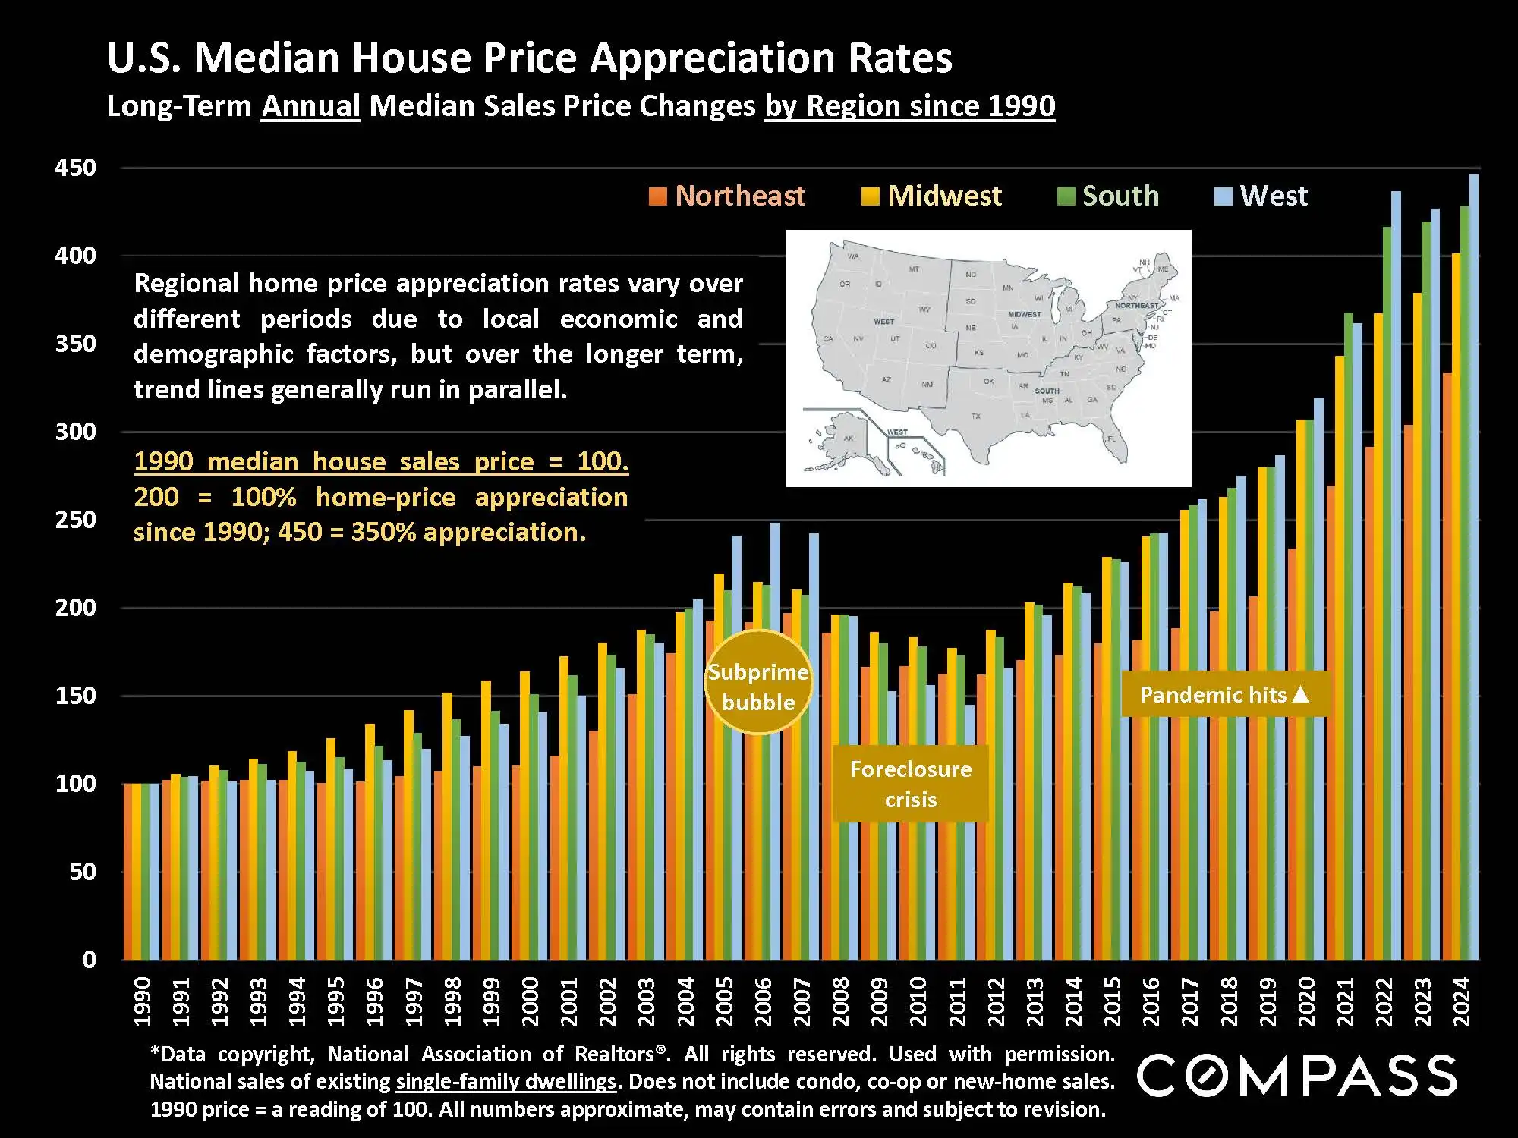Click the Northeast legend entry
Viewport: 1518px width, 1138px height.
pyautogui.click(x=727, y=196)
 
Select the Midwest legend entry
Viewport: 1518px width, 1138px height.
pyautogui.click(x=932, y=196)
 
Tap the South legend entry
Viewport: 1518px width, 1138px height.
pyautogui.click(x=1109, y=196)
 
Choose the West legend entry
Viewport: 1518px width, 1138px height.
pyautogui.click(x=1261, y=196)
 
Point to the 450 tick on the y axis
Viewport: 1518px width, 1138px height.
pyautogui.click(x=76, y=168)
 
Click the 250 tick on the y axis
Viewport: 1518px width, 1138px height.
pyautogui.click(x=76, y=520)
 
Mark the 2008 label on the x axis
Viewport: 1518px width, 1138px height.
pyautogui.click(x=840, y=1001)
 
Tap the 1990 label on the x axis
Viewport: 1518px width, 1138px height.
pyautogui.click(x=142, y=1001)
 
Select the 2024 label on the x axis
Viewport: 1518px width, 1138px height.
pyautogui.click(x=1461, y=1001)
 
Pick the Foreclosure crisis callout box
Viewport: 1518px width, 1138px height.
pyautogui.click(x=911, y=784)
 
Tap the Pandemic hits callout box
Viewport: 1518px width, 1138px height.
pyautogui.click(x=1224, y=694)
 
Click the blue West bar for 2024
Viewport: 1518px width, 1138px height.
pyautogui.click(x=1474, y=569)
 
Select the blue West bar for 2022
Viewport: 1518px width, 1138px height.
pyautogui.click(x=1396, y=577)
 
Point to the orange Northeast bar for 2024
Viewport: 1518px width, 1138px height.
pyautogui.click(x=1447, y=668)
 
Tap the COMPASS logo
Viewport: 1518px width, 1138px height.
pyautogui.click(x=1296, y=1075)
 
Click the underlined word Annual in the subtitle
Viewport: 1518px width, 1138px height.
pyautogui.click(x=310, y=105)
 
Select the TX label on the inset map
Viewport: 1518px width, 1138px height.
pyautogui.click(x=976, y=417)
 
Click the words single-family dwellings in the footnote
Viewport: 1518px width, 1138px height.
pyautogui.click(x=505, y=1082)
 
